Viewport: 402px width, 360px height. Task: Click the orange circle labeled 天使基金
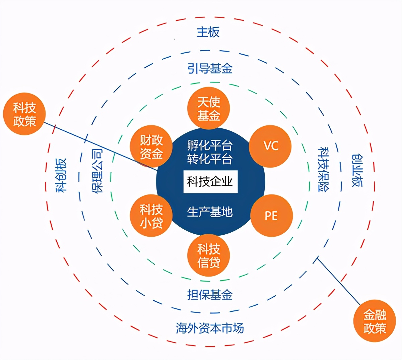(208, 108)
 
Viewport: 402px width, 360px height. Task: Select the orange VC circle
(271, 146)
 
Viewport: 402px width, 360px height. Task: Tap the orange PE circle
(271, 216)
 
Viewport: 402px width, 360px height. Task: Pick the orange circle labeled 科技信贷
(208, 255)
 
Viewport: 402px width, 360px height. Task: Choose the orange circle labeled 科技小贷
(151, 216)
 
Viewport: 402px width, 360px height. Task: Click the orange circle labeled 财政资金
(151, 146)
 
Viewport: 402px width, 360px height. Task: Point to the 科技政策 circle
(24, 114)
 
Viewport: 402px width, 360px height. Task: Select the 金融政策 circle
(375, 321)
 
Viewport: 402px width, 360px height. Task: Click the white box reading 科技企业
(210, 182)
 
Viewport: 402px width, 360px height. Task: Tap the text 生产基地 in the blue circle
(210, 212)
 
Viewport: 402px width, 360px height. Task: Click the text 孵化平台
(210, 145)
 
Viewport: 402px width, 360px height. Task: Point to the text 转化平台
(210, 159)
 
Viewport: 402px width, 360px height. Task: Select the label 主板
(208, 32)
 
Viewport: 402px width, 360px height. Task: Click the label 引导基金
(210, 68)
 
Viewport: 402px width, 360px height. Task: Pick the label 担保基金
(210, 295)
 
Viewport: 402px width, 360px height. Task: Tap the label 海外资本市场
(210, 328)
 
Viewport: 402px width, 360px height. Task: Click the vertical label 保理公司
(97, 171)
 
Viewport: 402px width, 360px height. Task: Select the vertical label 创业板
(357, 170)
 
